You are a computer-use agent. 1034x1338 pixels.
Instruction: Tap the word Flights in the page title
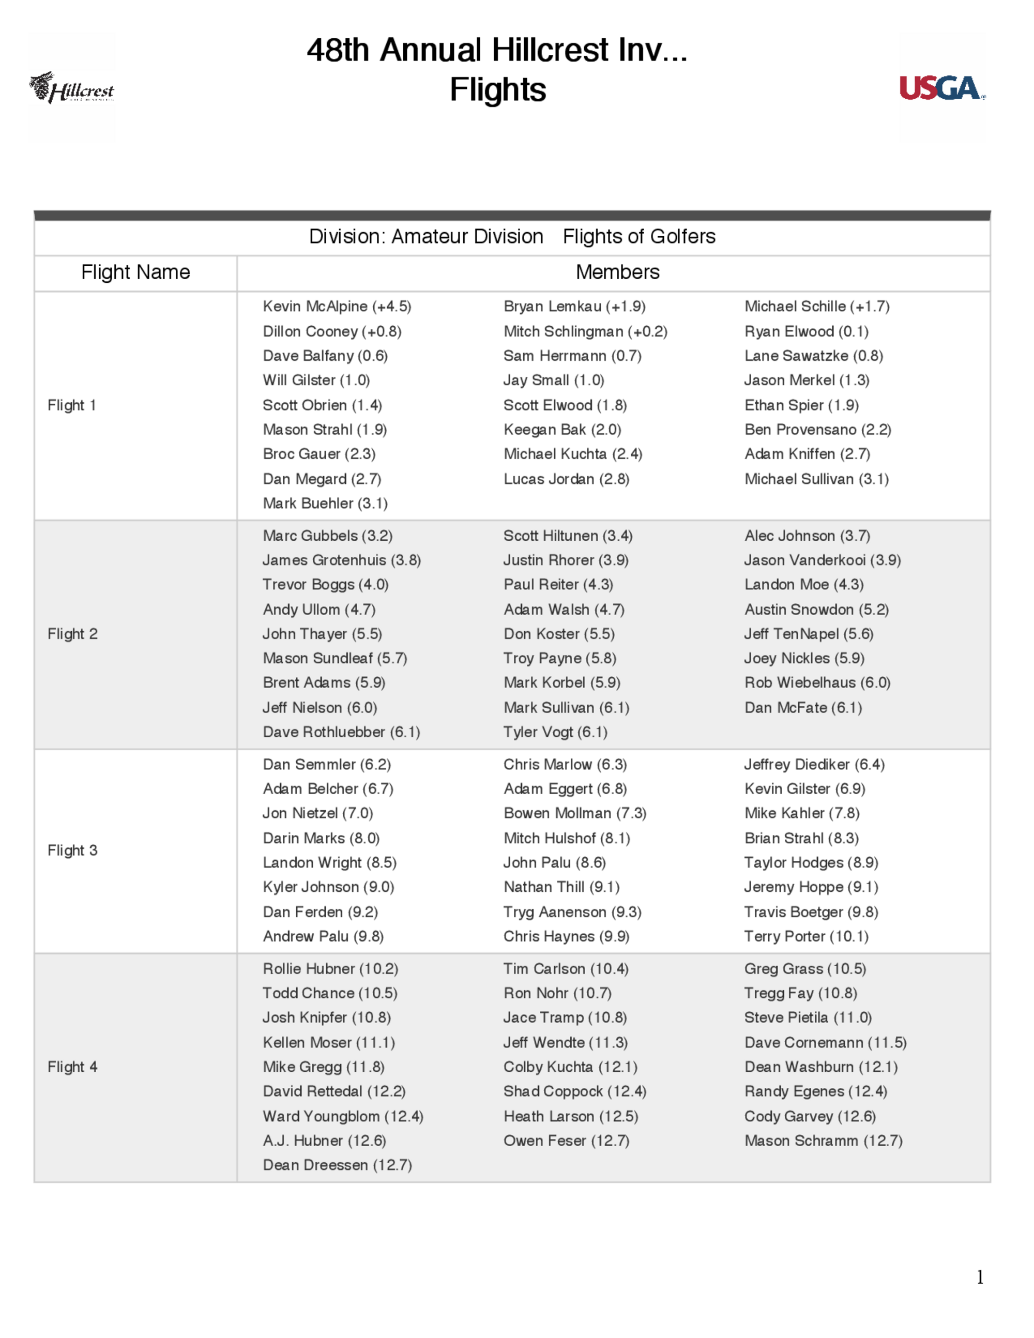coord(497,89)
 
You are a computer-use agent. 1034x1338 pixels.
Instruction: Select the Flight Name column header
coord(135,272)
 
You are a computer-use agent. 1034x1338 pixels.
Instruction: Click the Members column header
coord(617,272)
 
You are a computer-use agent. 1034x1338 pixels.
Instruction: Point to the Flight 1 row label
coord(72,405)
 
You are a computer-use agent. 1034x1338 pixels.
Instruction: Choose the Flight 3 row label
coord(72,850)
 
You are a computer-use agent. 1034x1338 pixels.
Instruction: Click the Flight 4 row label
coord(72,1067)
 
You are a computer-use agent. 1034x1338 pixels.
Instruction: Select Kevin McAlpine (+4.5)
coord(337,306)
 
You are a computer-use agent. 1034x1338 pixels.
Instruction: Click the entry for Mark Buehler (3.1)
coord(325,503)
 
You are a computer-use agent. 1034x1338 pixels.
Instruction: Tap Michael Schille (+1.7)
coord(816,306)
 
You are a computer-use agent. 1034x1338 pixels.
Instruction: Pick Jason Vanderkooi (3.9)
coord(822,560)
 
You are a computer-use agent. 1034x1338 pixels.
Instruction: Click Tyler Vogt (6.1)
coord(555,732)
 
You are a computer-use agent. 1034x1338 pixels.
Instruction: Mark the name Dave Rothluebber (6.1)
coord(341,732)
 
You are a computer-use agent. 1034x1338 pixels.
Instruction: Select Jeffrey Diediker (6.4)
coord(814,764)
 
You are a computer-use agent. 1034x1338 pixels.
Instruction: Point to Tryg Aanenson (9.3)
coord(572,911)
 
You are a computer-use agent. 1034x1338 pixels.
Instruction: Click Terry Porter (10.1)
coord(806,936)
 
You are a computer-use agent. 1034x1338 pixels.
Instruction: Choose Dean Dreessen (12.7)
coord(337,1165)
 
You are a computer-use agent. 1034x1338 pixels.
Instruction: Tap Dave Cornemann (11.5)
coord(825,1042)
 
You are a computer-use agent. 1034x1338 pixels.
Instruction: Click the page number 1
coord(980,1277)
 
